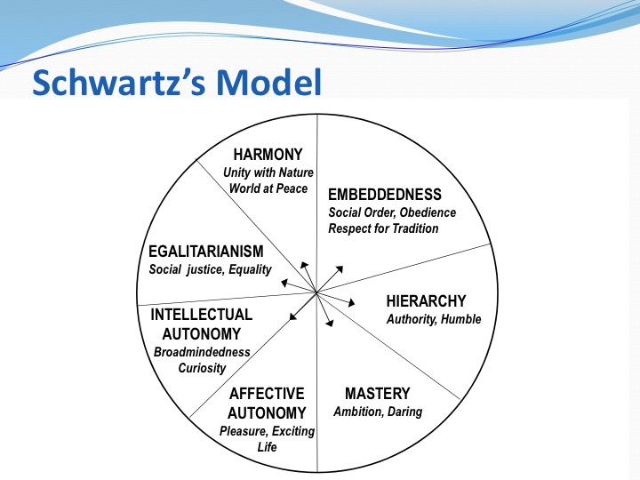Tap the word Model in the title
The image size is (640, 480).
tap(269, 83)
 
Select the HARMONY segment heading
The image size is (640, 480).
tap(268, 155)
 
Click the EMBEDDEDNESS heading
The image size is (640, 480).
tap(385, 195)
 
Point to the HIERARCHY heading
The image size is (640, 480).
tap(426, 301)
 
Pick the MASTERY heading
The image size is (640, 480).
tap(377, 394)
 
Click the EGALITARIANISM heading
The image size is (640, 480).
tap(205, 251)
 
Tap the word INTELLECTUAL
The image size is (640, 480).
tap(201, 315)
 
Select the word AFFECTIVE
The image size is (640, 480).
tap(267, 394)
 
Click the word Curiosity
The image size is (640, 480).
tap(202, 368)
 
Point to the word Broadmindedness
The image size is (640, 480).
tap(202, 352)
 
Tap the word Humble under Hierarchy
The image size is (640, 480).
tap(461, 319)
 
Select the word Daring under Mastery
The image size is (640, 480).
tap(404, 412)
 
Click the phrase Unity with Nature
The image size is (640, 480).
tap(268, 172)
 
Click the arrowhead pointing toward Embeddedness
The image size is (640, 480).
tap(340, 269)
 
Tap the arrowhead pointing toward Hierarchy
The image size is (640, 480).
tap(350, 302)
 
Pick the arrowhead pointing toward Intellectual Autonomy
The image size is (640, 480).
tap(292, 316)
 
